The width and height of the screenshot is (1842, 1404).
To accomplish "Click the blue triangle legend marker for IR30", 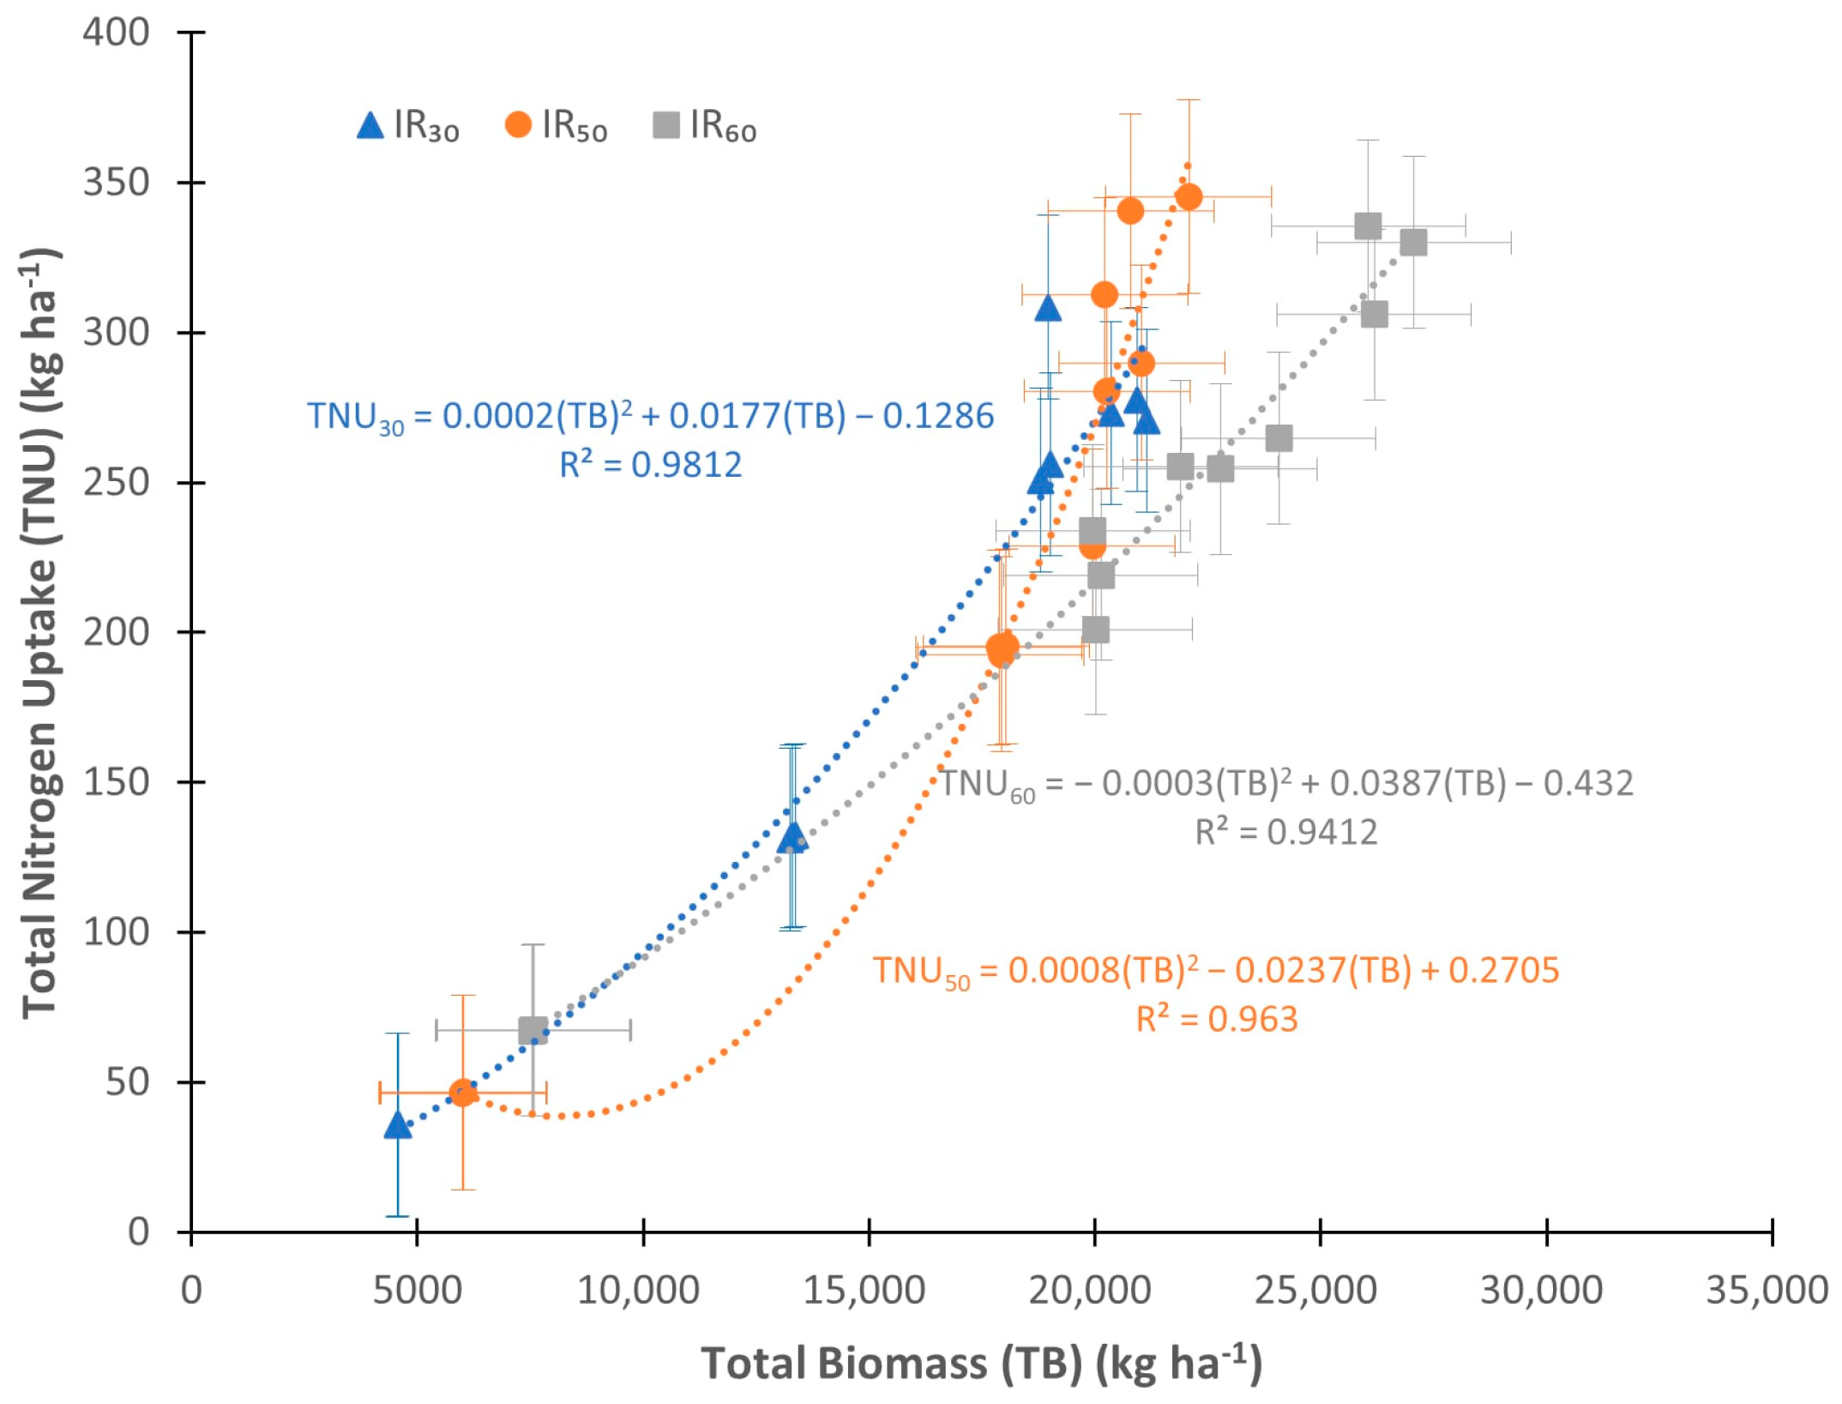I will point(370,126).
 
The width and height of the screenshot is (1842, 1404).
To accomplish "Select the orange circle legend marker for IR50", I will point(518,124).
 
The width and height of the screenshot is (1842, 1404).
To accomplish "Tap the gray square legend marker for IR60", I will point(666,125).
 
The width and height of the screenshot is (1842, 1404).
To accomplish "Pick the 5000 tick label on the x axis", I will point(417,1290).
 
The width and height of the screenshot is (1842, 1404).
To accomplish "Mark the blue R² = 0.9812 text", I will point(651,464).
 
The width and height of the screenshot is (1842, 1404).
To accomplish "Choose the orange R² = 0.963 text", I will point(1217,1019).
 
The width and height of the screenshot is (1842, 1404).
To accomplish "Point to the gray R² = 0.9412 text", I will point(1286,831).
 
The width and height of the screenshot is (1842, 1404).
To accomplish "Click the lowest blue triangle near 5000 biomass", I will point(397,1125).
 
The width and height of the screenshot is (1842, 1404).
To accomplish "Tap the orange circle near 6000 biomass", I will point(462,1093).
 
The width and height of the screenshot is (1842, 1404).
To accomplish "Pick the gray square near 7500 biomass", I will point(533,1030).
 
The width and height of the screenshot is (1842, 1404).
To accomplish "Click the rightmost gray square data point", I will point(1413,243).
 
